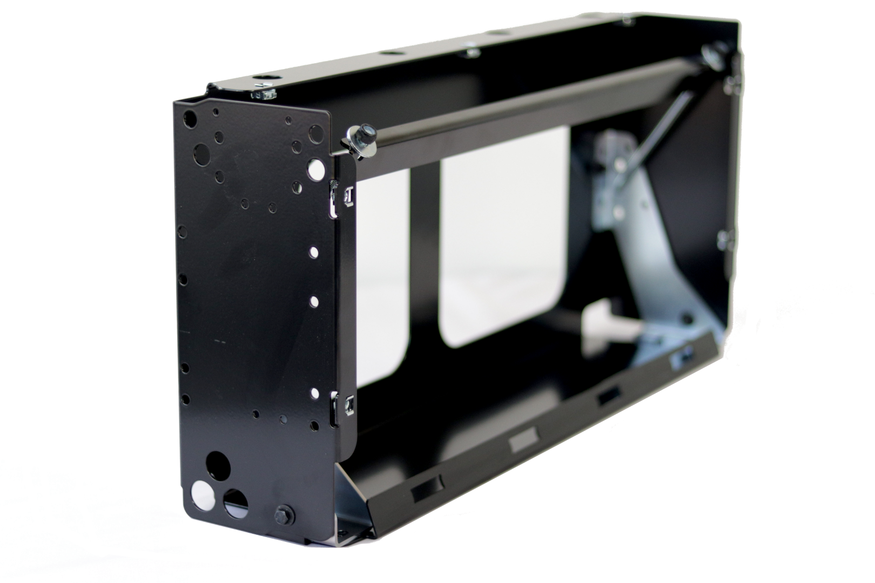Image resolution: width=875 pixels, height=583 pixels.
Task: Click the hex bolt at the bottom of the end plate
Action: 284,515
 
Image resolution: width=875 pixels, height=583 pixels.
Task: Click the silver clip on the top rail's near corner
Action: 263,93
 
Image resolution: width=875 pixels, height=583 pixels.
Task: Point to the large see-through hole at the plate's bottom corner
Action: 203,494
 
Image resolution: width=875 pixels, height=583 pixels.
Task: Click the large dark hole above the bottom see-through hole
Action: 218,465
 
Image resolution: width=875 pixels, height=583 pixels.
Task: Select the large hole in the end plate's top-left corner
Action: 190,119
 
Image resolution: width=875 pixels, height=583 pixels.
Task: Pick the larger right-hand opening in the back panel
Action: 502,238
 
